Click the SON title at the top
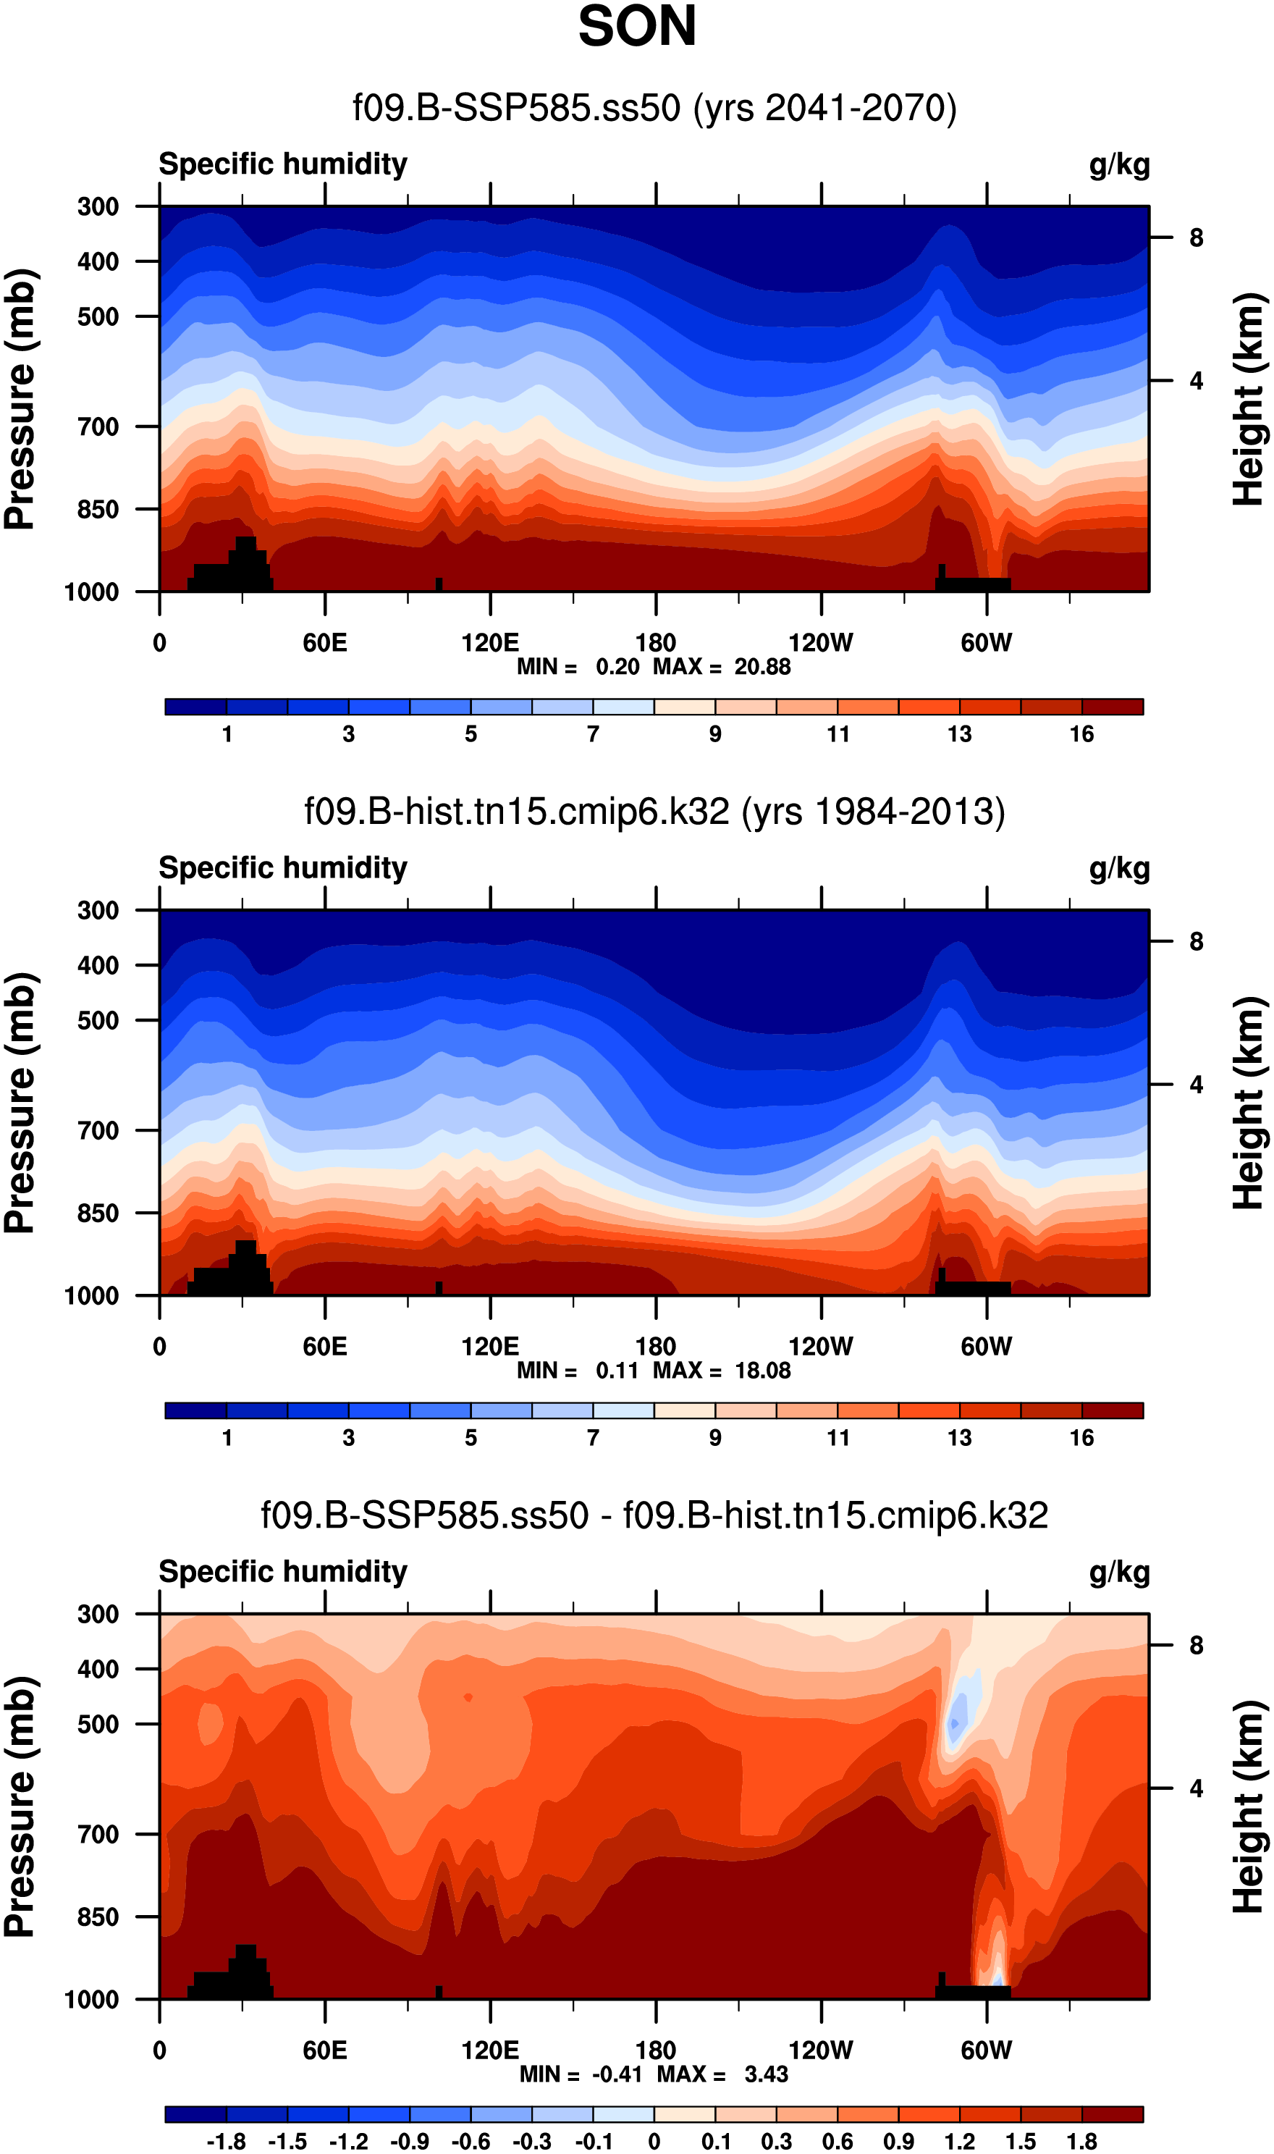tap(636, 27)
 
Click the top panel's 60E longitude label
tap(324, 643)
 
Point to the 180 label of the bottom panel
tap(655, 2050)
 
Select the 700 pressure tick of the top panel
tap(98, 426)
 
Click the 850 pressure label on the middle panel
tap(98, 1213)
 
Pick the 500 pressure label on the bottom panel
tap(98, 1724)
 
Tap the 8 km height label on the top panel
tap(1196, 237)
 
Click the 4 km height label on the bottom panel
tap(1196, 1788)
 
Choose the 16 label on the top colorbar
tap(1081, 734)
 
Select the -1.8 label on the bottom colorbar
tap(226, 2141)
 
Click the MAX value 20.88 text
tap(762, 667)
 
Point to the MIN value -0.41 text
tap(617, 2074)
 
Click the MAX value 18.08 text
tap(762, 1370)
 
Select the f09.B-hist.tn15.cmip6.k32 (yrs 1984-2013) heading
tap(654, 812)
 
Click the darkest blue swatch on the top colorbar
tap(195, 707)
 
